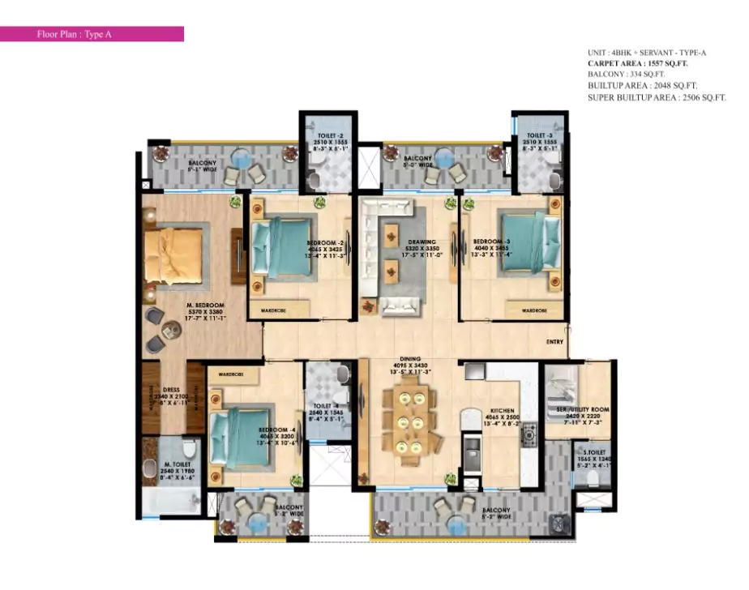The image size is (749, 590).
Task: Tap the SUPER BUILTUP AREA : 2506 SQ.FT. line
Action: tap(657, 97)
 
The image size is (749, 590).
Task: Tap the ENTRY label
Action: tap(554, 343)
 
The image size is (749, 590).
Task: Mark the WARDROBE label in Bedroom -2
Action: tap(271, 309)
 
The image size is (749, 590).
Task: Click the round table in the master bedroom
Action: tap(171, 330)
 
